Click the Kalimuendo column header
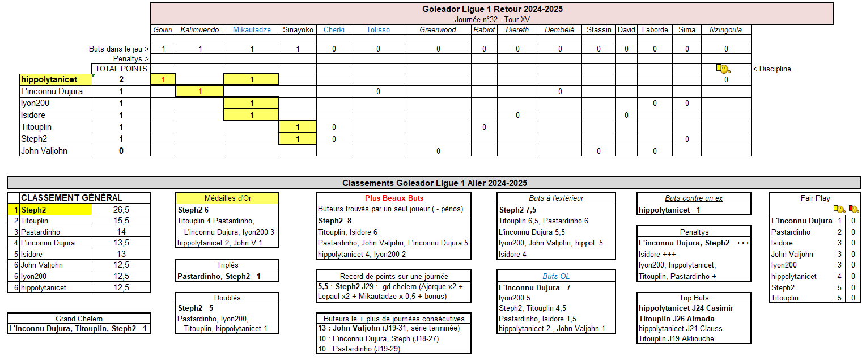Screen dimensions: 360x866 pyautogui.click(x=199, y=30)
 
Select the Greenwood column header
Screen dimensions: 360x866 pyautogui.click(x=438, y=30)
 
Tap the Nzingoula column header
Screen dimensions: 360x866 pyautogui.click(x=725, y=30)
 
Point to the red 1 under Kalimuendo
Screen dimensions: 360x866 pyautogui.click(x=199, y=91)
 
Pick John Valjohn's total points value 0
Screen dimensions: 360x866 pyautogui.click(x=121, y=151)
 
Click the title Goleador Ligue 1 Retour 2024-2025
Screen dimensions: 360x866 pyautogui.click(x=492, y=9)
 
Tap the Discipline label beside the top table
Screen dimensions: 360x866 pyautogui.click(x=771, y=69)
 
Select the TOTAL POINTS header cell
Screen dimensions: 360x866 pyautogui.click(x=121, y=69)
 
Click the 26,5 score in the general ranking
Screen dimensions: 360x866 pyautogui.click(x=120, y=210)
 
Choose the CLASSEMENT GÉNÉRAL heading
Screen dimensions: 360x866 pyautogui.click(x=71, y=198)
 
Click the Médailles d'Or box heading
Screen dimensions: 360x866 pyautogui.click(x=227, y=198)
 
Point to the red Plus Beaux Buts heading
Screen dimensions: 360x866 pyautogui.click(x=393, y=198)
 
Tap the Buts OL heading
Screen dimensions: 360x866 pyautogui.click(x=556, y=276)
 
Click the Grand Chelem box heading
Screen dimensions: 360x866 pyautogui.click(x=79, y=319)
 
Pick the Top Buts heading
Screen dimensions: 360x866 pyautogui.click(x=694, y=298)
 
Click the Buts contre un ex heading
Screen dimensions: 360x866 pyautogui.click(x=694, y=198)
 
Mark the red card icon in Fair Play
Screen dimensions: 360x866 pyautogui.click(x=853, y=209)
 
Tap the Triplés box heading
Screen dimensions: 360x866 pyautogui.click(x=227, y=265)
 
